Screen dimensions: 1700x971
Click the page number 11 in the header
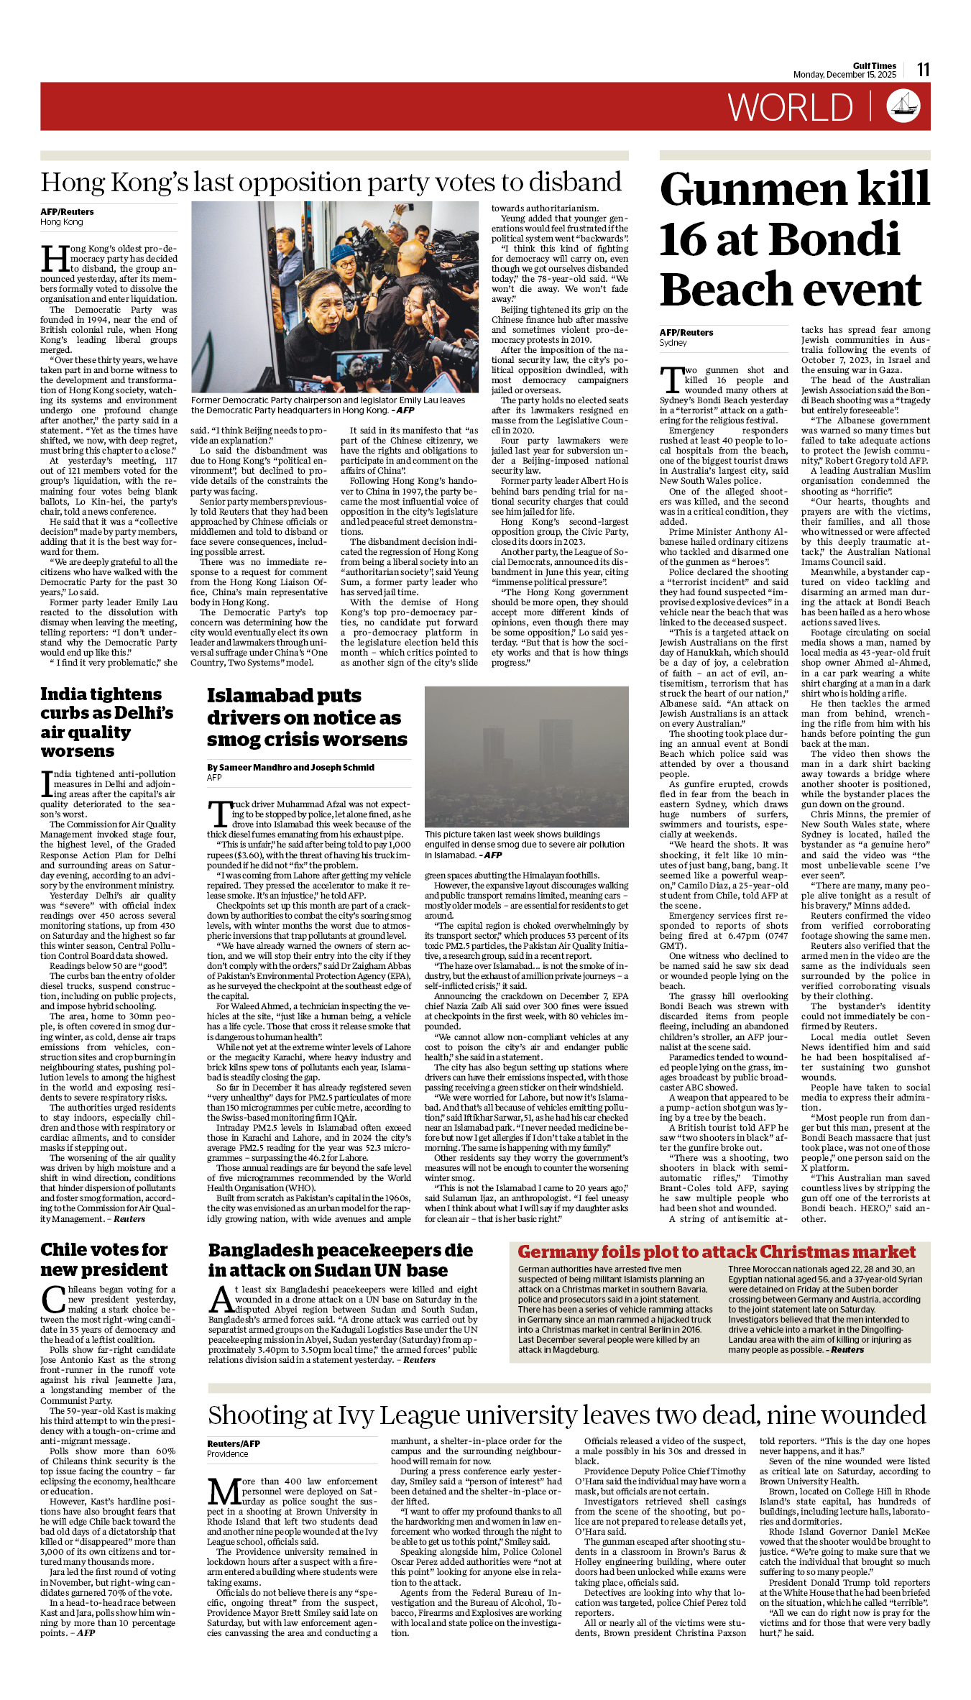(923, 70)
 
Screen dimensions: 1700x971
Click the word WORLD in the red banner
(790, 108)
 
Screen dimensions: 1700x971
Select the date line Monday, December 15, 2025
(845, 75)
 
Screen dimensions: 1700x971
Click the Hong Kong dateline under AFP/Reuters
(62, 222)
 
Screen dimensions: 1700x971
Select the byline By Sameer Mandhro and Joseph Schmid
(290, 767)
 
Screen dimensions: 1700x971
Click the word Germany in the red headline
(556, 1251)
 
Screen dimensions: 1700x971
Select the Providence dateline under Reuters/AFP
(227, 1453)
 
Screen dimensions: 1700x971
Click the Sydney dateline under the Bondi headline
(673, 343)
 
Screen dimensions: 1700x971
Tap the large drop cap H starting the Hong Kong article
(55, 259)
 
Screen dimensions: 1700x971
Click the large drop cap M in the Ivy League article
(224, 1492)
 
